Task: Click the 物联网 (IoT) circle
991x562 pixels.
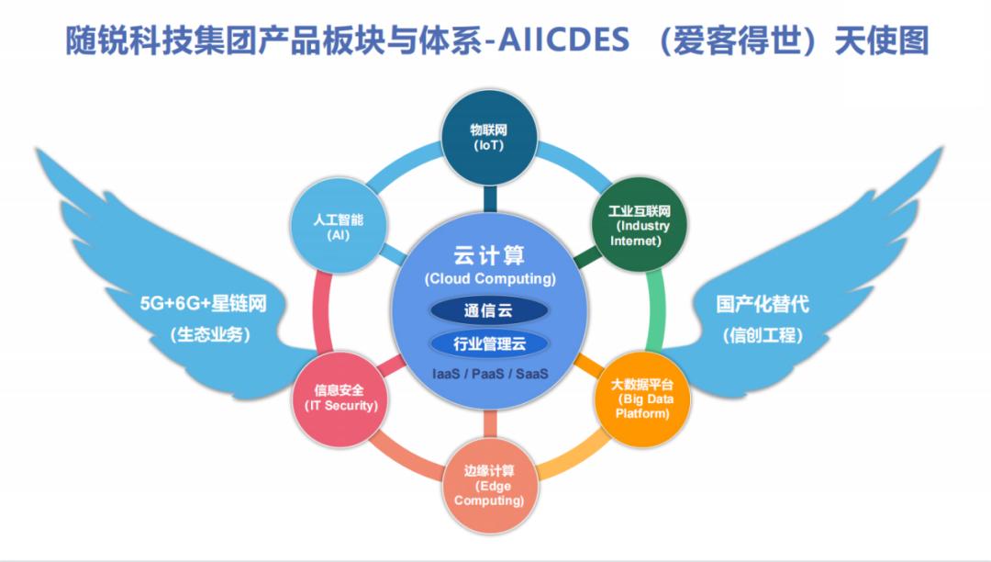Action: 488,137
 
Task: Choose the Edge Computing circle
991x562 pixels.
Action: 489,487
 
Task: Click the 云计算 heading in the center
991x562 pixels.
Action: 490,254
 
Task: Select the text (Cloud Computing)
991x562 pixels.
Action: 490,277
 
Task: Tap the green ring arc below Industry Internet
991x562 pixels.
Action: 656,308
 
